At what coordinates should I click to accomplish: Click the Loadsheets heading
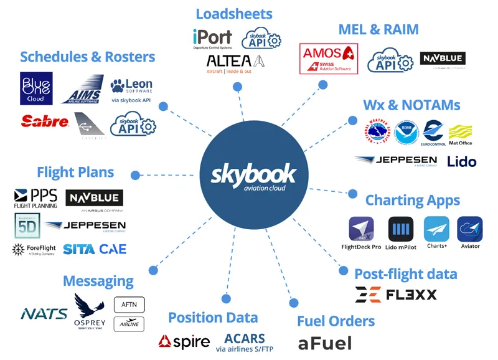coord(233,13)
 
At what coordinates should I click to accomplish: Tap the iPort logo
coord(212,39)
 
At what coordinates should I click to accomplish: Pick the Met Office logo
coord(460,134)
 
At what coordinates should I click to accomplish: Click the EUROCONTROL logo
coord(433,133)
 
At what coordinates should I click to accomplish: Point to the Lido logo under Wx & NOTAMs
coord(462,161)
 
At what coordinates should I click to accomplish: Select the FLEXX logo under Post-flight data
coord(396,294)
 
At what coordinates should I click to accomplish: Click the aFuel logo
coord(324,343)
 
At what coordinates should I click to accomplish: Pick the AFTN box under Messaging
coord(129,305)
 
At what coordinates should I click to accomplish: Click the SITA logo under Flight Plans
coord(79,249)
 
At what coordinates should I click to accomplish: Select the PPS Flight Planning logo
coord(35,199)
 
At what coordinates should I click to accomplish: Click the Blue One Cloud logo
coord(36,88)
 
